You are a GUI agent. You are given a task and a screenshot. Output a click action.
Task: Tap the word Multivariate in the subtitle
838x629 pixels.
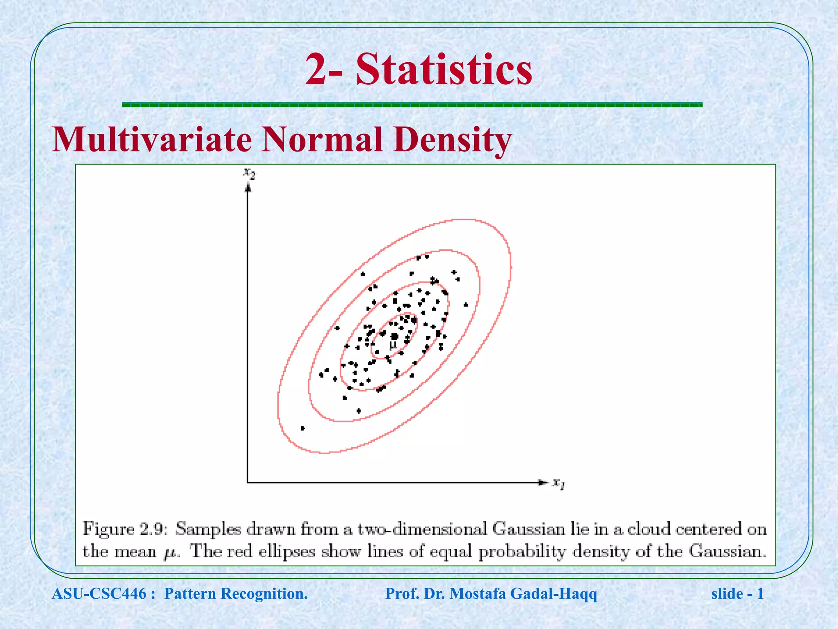click(x=152, y=139)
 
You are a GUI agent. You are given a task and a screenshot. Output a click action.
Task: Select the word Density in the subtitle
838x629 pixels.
click(x=452, y=139)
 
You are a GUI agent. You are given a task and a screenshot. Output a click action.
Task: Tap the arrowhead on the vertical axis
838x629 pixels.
click(x=248, y=188)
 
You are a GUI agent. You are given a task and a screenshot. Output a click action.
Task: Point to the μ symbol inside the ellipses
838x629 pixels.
click(x=393, y=346)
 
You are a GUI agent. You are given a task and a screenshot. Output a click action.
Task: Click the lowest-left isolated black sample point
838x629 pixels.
click(x=303, y=428)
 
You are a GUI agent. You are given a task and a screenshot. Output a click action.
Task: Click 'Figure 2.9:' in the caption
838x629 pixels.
click(x=125, y=529)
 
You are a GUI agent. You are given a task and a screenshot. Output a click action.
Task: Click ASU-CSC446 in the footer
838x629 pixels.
click(x=99, y=593)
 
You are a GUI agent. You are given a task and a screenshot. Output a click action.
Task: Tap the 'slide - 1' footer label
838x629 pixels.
click(x=737, y=593)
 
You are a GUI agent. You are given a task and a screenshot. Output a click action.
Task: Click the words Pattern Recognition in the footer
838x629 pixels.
click(x=235, y=593)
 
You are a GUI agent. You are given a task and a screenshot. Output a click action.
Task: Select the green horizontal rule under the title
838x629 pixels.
click(x=412, y=105)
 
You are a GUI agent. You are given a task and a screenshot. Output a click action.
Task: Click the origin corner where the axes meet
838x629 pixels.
click(x=248, y=482)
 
